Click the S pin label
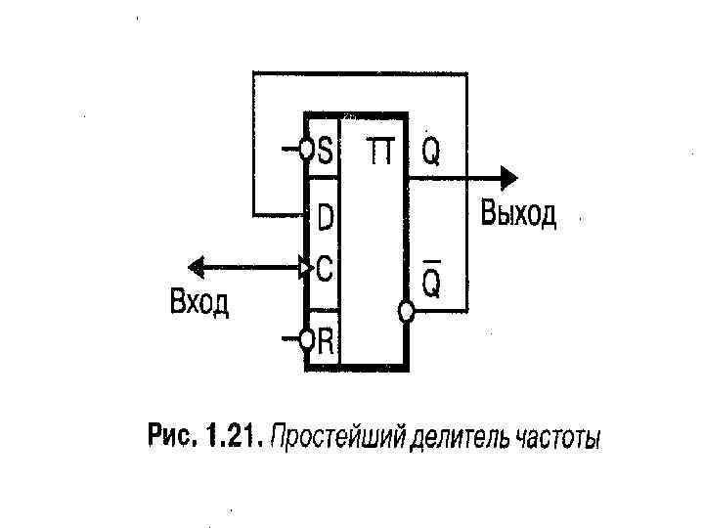pos(325,152)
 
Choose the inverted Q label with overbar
pos(432,281)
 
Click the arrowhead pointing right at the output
pos(507,177)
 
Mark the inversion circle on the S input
pos(306,151)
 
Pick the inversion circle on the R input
pos(306,339)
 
